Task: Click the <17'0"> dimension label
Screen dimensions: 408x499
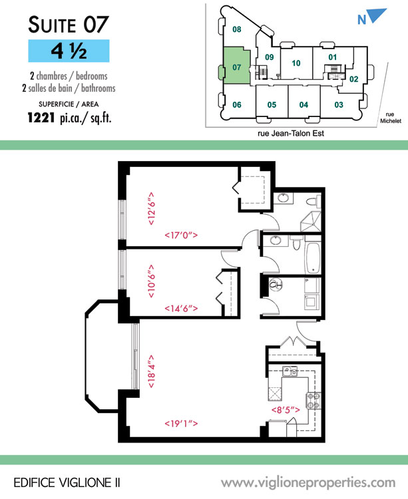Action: click(181, 235)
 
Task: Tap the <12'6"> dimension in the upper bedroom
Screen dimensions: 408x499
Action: click(152, 208)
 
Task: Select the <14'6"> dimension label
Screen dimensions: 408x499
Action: click(181, 308)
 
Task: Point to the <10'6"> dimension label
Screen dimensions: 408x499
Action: click(152, 281)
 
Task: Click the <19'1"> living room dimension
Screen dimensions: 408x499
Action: click(181, 424)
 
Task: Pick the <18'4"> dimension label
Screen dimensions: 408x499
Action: click(152, 371)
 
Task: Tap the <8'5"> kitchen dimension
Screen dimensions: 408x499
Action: click(286, 410)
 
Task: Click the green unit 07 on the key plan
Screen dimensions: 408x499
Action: click(236, 66)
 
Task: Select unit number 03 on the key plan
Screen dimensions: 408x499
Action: click(339, 104)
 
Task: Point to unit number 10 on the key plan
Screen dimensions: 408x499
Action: click(296, 63)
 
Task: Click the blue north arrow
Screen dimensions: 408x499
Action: click(376, 15)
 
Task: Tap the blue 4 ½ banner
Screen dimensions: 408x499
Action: click(69, 51)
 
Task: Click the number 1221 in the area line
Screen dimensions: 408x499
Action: click(41, 118)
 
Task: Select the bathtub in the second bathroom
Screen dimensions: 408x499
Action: click(313, 258)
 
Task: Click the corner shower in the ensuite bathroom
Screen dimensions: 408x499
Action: click(310, 222)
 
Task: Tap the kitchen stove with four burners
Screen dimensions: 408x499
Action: click(313, 401)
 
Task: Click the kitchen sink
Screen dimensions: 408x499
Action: click(290, 371)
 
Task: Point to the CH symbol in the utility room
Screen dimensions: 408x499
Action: click(276, 285)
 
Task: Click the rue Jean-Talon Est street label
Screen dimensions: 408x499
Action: click(291, 133)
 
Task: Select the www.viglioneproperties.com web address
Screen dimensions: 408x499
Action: click(308, 483)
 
